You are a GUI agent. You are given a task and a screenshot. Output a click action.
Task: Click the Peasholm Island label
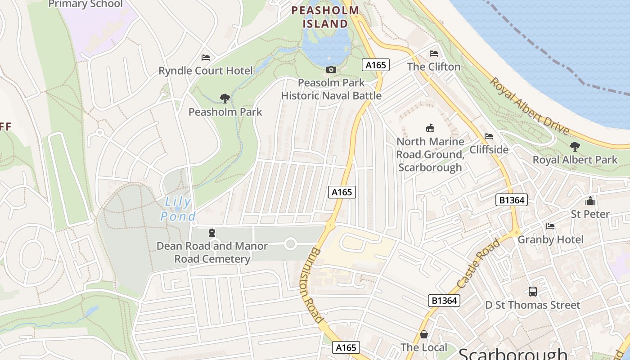325,17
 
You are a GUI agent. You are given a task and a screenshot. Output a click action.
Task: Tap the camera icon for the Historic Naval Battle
331,69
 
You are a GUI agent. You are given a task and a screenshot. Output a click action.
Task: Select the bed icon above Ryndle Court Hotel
206,58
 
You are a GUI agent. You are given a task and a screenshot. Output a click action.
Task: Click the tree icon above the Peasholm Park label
225,98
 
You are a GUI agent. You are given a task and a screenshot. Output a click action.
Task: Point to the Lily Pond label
178,209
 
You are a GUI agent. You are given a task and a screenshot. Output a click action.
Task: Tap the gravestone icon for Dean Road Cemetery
211,233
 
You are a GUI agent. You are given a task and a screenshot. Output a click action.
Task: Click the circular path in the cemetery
290,244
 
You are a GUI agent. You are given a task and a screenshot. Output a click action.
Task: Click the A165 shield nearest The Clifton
375,65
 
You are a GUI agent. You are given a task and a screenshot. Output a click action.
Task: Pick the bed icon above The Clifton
434,53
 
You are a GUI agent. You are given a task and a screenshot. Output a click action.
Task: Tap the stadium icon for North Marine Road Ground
430,128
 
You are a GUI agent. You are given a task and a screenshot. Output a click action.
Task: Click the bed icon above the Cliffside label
489,136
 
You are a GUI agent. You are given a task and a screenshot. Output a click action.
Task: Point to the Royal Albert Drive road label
529,107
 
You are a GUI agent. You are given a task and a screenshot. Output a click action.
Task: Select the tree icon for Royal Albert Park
575,146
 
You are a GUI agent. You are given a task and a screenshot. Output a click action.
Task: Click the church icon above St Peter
590,201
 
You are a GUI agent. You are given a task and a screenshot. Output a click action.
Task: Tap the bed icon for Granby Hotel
550,226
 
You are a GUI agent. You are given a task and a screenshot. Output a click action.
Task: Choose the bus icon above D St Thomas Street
532,292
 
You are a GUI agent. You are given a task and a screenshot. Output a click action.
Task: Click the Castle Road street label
478,264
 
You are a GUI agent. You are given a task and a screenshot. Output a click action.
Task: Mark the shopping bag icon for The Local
423,334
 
